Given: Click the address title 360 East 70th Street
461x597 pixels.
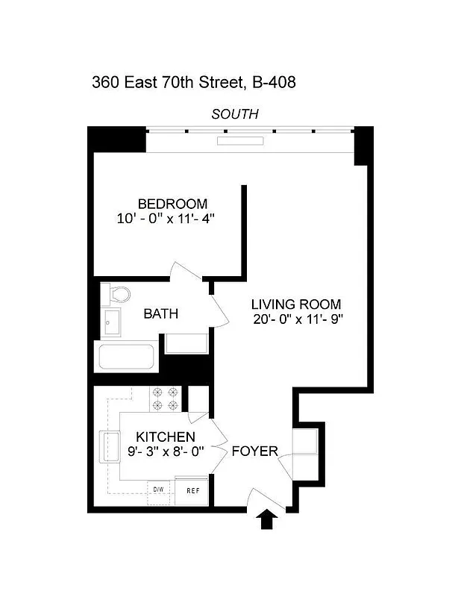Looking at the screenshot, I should click(193, 82).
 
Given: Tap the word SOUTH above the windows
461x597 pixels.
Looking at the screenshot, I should click(235, 114).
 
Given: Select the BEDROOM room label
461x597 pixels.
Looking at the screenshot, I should click(172, 204).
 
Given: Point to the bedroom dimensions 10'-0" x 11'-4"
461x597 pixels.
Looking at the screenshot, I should click(172, 219).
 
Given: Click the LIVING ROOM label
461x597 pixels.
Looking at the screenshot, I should click(295, 304).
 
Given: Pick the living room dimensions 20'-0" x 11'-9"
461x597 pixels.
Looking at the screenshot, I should click(298, 319).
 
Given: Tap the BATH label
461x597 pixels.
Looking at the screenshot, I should click(161, 314).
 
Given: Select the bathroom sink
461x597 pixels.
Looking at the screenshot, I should click(113, 324).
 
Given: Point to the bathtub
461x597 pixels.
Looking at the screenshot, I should click(128, 356).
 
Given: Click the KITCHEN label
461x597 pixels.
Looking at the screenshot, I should click(165, 437).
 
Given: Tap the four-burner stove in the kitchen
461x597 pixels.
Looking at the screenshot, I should click(166, 398).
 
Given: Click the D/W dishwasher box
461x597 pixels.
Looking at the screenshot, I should click(158, 490).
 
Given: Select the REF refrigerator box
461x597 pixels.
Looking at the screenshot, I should click(192, 490).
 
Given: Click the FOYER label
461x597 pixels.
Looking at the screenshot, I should click(254, 451).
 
